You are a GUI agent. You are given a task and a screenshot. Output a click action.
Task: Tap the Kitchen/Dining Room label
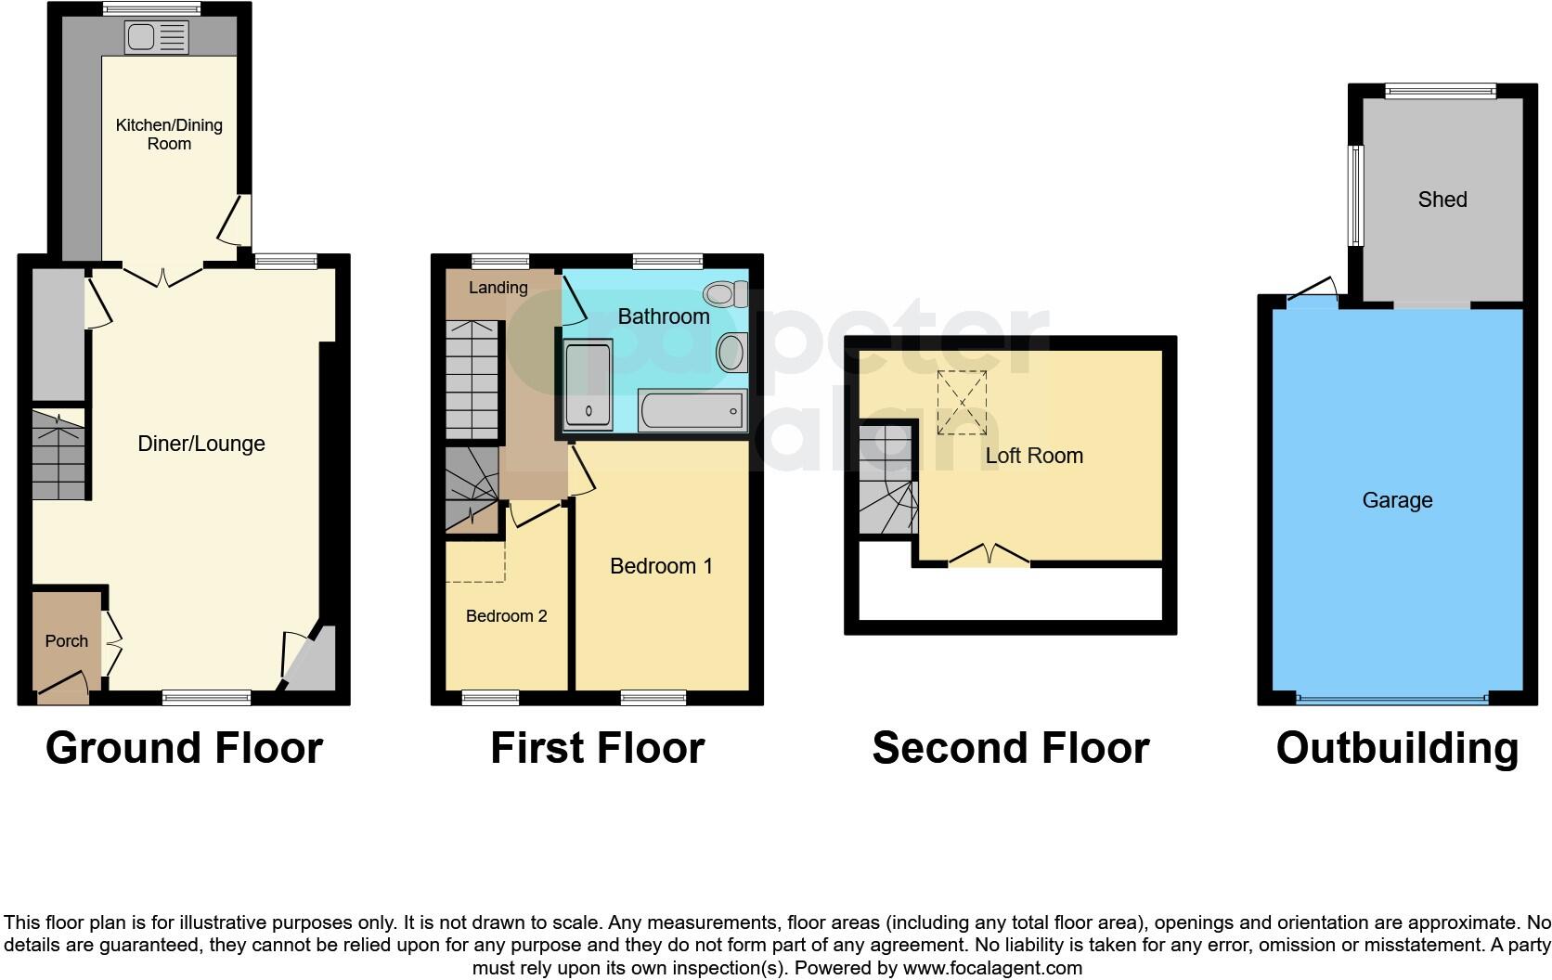169,134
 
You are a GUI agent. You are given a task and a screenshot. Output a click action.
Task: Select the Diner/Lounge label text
201,444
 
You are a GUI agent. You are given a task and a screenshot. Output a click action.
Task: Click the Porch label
67,641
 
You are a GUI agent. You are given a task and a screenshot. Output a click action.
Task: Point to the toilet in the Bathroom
726,295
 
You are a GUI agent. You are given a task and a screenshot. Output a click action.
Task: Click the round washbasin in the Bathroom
731,353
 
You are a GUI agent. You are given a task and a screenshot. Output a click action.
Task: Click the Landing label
498,288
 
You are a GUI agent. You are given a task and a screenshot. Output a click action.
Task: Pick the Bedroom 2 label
506,616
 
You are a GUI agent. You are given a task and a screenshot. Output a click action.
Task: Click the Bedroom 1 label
661,566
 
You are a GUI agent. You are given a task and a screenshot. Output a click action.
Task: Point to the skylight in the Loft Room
962,402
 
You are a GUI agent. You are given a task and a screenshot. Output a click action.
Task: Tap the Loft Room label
1034,456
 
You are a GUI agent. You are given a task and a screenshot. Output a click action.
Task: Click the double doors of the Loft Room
989,557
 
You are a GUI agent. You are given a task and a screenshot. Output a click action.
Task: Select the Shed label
1442,200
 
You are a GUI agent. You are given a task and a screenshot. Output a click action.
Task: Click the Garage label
1397,500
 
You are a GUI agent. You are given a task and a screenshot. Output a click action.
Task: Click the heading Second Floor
1010,748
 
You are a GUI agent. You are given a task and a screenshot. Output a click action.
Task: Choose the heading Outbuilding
1397,748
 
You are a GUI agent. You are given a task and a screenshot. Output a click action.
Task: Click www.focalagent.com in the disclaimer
992,968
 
